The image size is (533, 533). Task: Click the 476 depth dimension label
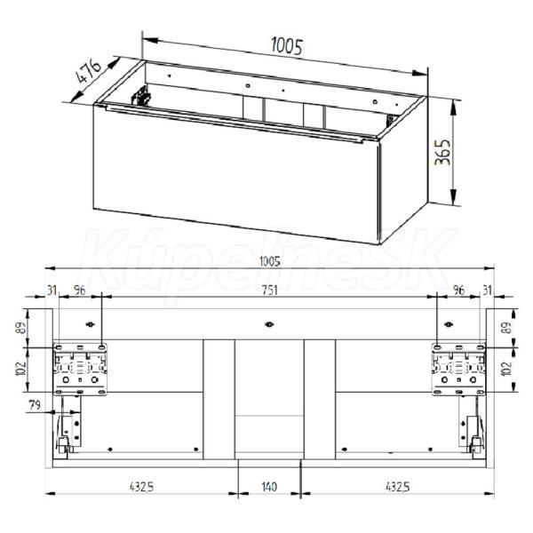tap(89, 71)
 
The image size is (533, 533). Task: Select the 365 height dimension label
tap(443, 152)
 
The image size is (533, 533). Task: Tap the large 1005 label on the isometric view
tap(287, 46)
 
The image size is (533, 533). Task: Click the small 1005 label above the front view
tap(269, 262)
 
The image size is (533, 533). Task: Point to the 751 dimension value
tap(269, 290)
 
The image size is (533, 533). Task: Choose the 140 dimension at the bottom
tap(269, 487)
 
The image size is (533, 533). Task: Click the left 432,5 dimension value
tap(142, 487)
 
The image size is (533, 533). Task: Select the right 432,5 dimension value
tap(397, 487)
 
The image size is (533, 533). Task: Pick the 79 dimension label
tap(35, 405)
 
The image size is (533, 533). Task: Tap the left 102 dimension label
tap(21, 370)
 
